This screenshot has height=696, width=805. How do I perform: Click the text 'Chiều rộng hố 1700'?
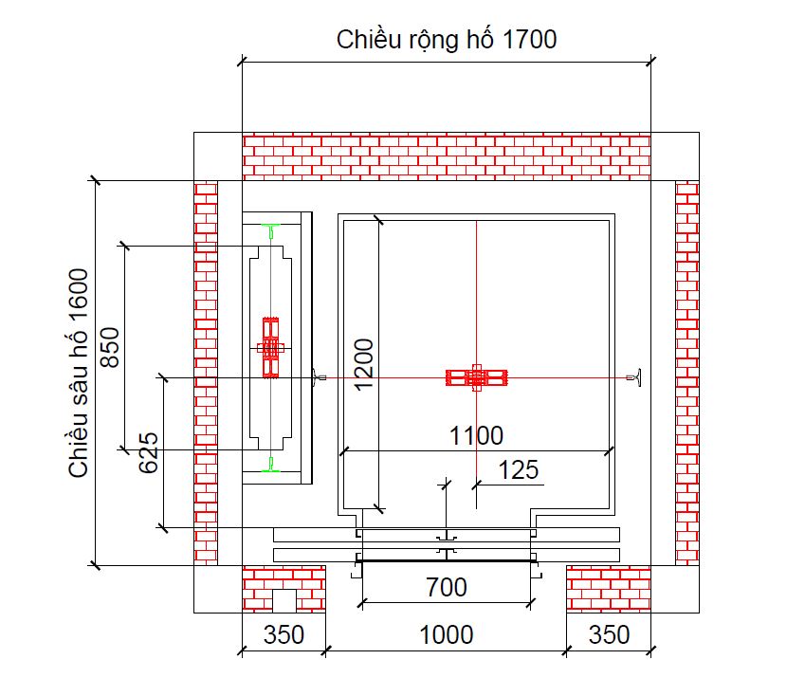[446, 40]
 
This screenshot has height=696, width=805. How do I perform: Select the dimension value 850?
[111, 348]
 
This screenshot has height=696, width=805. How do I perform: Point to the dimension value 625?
[149, 454]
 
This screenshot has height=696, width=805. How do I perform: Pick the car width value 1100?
[476, 436]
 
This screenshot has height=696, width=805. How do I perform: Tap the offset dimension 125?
[517, 469]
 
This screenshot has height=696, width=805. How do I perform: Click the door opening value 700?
[446, 588]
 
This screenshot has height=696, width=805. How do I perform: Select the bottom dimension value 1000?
[446, 633]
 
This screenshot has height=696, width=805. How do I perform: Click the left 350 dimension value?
[283, 633]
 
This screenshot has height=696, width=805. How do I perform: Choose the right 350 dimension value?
[609, 633]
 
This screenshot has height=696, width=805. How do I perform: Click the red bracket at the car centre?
[477, 377]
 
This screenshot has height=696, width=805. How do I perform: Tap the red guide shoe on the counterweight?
[271, 347]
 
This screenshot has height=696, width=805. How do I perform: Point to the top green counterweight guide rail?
[271, 230]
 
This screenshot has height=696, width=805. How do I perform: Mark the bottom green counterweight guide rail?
[271, 466]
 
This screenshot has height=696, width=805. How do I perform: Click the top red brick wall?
[446, 156]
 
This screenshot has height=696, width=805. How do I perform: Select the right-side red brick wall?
[686, 373]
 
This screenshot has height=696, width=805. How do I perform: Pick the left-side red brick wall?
[206, 373]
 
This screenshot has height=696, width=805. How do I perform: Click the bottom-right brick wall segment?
[609, 589]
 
